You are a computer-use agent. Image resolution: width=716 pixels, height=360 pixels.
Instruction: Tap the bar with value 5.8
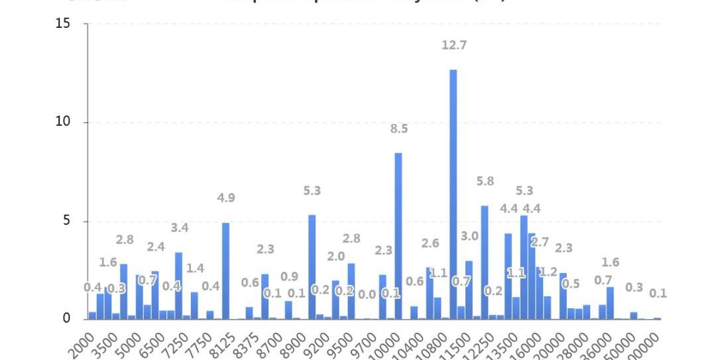pos(485,263)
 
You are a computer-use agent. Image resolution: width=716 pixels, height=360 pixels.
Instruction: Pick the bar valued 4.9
pos(225,270)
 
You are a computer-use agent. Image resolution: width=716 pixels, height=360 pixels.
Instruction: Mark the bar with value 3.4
pos(178,286)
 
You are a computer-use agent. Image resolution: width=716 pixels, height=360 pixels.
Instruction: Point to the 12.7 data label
pos(454,46)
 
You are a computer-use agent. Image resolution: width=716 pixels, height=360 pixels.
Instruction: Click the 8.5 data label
pos(399,129)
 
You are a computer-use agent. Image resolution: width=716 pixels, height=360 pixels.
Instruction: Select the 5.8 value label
pos(485,182)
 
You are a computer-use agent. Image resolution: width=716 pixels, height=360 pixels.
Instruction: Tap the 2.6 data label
pos(430,244)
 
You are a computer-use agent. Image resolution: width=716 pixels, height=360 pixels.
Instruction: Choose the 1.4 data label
pos(195,269)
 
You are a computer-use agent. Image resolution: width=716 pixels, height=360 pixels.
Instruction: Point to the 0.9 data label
pos(289,277)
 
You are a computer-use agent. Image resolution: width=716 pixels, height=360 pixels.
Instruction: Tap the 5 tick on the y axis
pos(66,221)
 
